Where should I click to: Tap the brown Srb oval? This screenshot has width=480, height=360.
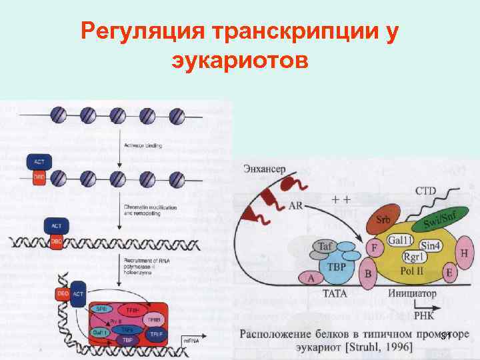point(383,220)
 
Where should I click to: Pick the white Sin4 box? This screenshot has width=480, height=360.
point(431,245)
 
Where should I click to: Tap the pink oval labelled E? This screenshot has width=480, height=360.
point(449,273)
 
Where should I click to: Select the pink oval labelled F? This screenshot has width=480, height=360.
point(374,249)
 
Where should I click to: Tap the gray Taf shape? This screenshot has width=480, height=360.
point(325,247)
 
